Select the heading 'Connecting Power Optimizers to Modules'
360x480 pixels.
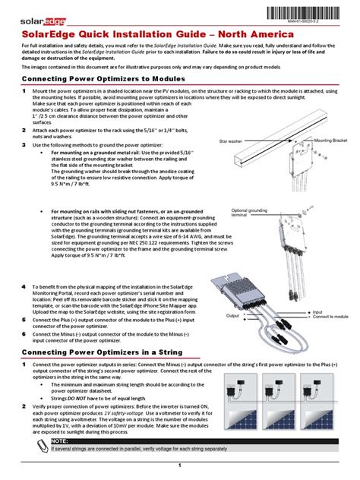[x=103, y=79]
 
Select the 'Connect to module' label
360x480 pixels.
[x=330, y=316]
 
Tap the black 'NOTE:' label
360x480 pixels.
[x=60, y=441]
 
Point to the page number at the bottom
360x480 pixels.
[x=180, y=464]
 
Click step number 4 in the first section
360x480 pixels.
[x=24, y=286]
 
